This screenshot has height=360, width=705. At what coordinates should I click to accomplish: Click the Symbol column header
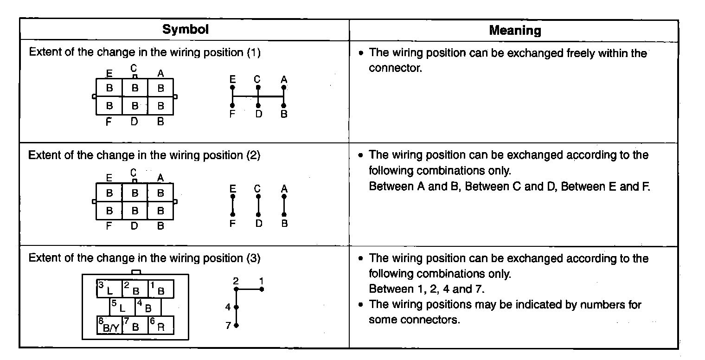click(x=185, y=30)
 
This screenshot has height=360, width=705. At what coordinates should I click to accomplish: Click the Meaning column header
click(x=515, y=31)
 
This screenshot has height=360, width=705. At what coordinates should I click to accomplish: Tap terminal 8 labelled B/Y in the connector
click(x=109, y=325)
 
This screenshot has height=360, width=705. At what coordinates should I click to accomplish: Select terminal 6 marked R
click(x=160, y=325)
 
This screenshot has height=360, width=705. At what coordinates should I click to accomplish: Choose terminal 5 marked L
click(x=122, y=307)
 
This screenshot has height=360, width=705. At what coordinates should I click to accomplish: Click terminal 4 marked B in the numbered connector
click(x=148, y=307)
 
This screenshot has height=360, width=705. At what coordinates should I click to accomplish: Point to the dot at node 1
click(x=262, y=289)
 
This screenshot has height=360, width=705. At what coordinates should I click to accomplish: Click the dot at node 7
click(x=236, y=325)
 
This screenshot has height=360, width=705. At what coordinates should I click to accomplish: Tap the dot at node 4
click(x=236, y=307)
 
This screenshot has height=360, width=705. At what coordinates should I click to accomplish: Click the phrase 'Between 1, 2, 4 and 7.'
click(x=426, y=289)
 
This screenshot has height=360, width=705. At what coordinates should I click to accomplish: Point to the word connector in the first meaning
click(x=395, y=68)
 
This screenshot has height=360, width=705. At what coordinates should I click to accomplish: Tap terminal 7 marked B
click(x=135, y=325)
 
